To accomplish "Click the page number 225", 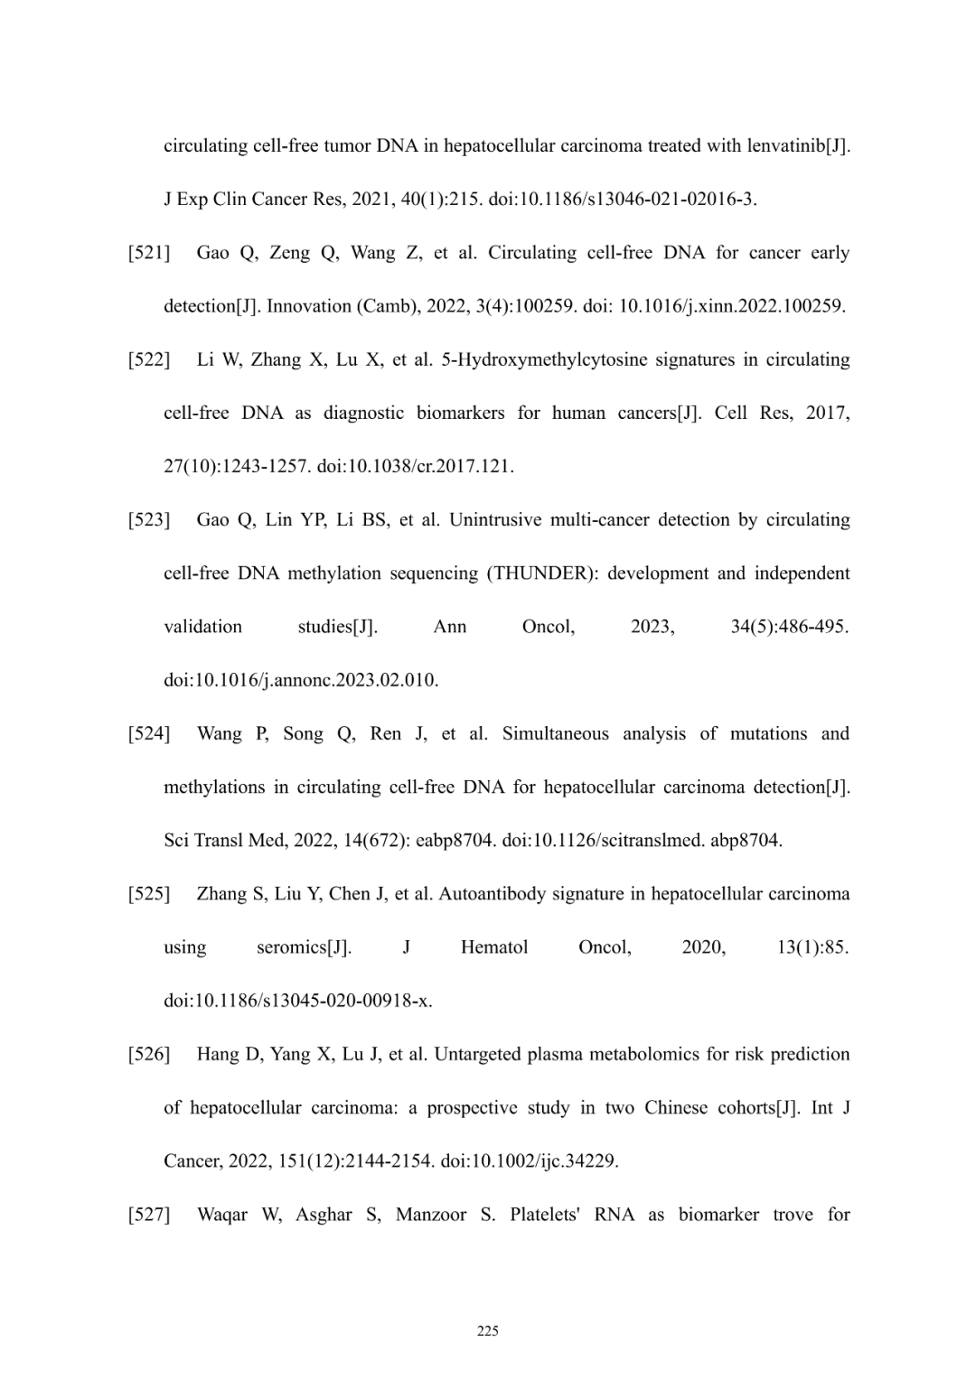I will [487, 1330].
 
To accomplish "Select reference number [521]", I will [149, 253].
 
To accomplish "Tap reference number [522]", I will [149, 359].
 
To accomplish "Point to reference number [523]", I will [149, 520].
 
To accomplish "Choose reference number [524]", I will [149, 733].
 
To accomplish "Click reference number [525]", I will [149, 894].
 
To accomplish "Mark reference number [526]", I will [149, 1054].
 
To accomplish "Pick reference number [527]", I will [149, 1215].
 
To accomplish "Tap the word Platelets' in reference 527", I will [544, 1215].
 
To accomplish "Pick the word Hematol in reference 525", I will [494, 947].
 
